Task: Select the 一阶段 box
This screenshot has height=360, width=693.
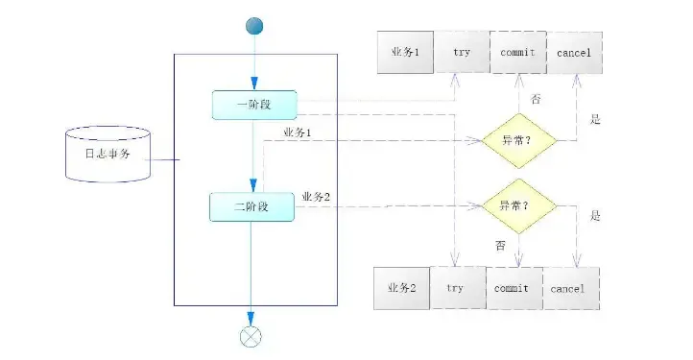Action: click(x=254, y=105)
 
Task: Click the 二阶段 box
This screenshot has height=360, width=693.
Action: click(x=251, y=206)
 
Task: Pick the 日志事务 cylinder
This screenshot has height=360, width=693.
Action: click(x=107, y=153)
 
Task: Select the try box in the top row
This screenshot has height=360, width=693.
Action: click(x=462, y=52)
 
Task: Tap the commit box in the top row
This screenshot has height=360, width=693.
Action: click(x=518, y=52)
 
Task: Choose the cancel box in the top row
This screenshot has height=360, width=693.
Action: click(x=574, y=52)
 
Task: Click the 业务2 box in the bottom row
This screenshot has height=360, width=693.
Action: click(x=401, y=287)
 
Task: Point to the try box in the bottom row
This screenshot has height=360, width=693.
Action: click(x=456, y=287)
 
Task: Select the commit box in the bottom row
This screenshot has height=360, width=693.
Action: click(x=513, y=287)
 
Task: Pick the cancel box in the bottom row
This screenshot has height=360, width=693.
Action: click(x=569, y=287)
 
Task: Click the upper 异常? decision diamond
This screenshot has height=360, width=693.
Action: click(x=517, y=140)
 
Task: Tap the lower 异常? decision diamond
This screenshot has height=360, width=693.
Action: click(x=517, y=205)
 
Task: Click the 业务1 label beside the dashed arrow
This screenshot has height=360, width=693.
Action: click(x=298, y=131)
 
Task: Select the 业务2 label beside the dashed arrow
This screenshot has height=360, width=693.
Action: click(x=316, y=197)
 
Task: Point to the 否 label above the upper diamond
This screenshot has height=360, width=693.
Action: click(x=536, y=98)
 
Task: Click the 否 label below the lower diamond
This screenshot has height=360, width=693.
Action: click(x=500, y=246)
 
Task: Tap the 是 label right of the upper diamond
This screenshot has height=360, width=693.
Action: click(x=595, y=120)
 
